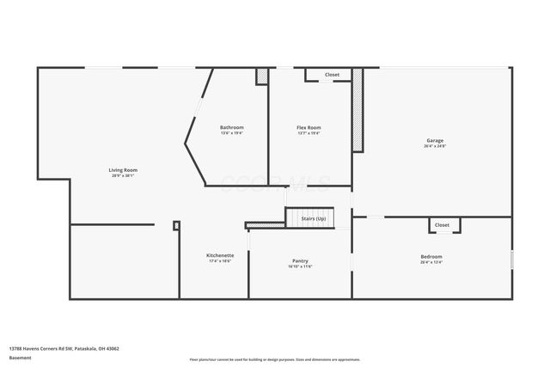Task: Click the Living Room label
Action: pos(123,169)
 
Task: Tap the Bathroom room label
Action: pos(232,128)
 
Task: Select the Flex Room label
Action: pos(309,128)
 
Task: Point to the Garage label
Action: pos(435,140)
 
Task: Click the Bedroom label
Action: pos(431,256)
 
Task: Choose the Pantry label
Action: pos(300,261)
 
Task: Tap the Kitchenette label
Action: pos(220,255)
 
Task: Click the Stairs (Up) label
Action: pos(314,219)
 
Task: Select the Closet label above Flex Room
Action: pos(332,75)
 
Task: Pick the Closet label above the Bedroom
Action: pos(442,225)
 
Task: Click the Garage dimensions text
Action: pos(435,146)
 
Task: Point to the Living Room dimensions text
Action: pos(123,175)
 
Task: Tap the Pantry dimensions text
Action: pos(300,266)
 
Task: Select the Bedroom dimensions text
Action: pos(431,262)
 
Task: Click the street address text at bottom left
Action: pos(64,348)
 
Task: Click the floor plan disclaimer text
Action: pos(275,358)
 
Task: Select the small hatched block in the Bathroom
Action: pos(261,76)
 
